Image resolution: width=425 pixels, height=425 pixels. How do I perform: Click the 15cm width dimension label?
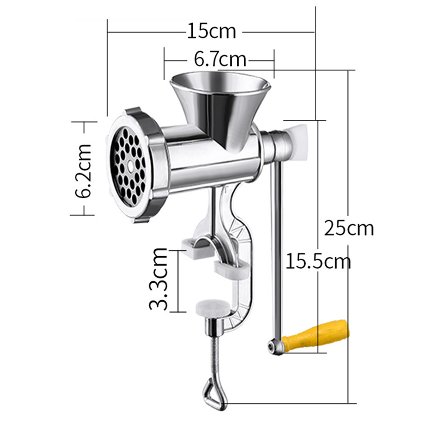coord(211,31)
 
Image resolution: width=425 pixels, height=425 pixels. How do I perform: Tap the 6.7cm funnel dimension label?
coord(220,59)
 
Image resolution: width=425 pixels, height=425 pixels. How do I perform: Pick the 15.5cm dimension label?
coord(318,261)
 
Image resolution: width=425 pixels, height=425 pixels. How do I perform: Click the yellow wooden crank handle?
coord(317,334)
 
